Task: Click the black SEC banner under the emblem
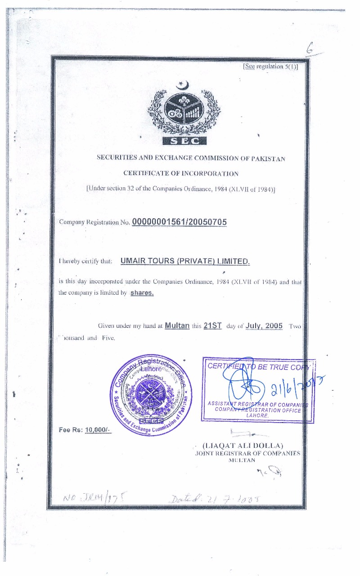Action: click(183, 141)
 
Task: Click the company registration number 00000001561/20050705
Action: click(180, 222)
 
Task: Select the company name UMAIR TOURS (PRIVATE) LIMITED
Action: click(184, 261)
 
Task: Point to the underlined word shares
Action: click(142, 292)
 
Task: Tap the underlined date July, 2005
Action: click(264, 325)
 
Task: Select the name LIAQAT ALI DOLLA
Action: click(249, 446)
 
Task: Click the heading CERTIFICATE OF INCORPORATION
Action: click(181, 173)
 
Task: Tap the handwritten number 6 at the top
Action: click(310, 48)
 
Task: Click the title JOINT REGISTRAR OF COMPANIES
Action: click(247, 453)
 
